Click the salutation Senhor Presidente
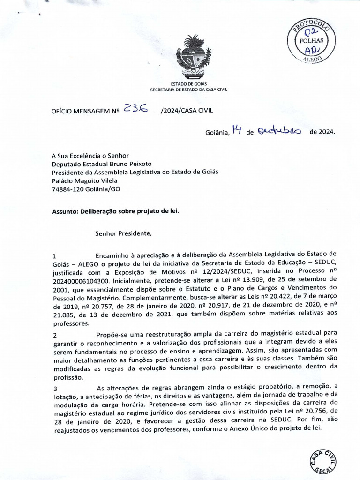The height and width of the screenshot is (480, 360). (124, 232)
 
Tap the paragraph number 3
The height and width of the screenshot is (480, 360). (55, 389)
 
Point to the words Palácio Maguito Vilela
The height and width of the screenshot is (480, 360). (85, 180)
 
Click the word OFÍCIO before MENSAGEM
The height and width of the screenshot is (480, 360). (64, 112)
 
